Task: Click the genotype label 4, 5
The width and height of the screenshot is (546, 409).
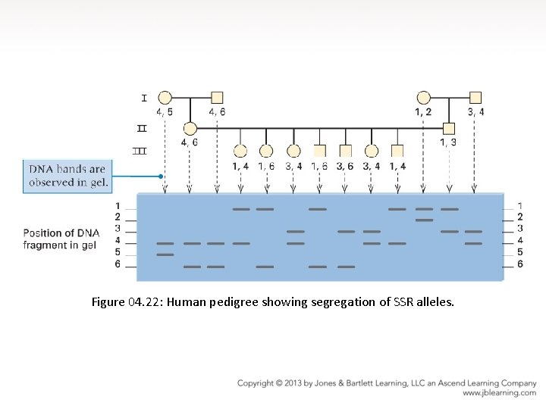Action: pos(165,112)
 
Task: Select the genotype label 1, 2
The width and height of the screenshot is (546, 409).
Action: pos(423,112)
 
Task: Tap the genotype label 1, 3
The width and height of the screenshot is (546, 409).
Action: pos(448,142)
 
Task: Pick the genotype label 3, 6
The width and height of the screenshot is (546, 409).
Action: pos(345,166)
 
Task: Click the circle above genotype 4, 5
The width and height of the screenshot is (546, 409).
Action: pos(165,97)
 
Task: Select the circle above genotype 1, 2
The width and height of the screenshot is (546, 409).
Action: pos(424,97)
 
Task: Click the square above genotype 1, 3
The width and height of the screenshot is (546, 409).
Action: pos(449,128)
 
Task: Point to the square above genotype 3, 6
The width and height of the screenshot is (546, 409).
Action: pos(346,150)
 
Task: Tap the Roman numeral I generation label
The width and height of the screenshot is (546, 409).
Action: pos(143,98)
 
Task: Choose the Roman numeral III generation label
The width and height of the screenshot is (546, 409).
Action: pos(140,151)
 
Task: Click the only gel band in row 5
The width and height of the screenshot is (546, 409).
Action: pos(165,254)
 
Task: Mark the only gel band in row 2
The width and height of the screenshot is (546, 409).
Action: pos(424,220)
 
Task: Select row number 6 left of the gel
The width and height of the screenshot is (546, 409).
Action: pos(118,264)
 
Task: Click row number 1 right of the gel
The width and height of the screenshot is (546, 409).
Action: pos(519,206)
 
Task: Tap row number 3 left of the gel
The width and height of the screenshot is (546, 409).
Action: pos(118,229)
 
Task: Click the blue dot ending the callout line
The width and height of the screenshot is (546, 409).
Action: pos(161,176)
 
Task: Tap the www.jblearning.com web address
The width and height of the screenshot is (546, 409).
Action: pos(499,393)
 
